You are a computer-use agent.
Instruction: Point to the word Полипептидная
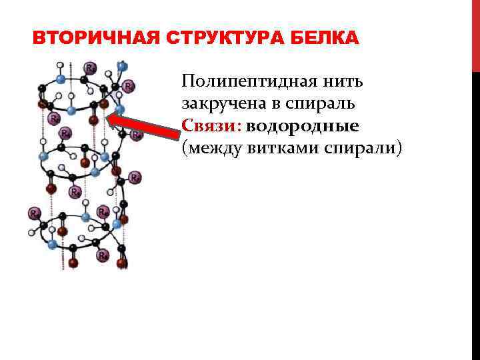click(250, 83)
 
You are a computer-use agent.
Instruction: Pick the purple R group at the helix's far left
click(34, 213)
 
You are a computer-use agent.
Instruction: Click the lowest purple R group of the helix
click(103, 255)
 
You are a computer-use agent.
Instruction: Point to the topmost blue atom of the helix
click(121, 66)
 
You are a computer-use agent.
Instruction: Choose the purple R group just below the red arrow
click(136, 135)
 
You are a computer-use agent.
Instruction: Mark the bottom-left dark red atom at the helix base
click(73, 263)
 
